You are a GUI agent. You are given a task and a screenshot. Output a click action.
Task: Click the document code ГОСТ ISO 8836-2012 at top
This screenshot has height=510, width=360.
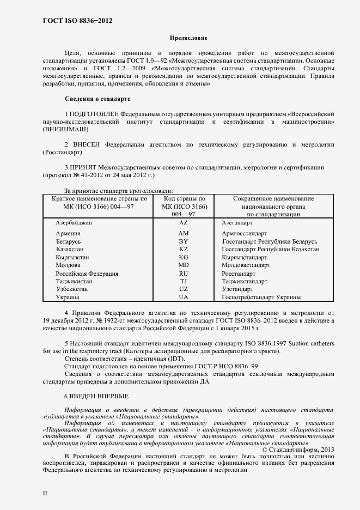coord(77,21)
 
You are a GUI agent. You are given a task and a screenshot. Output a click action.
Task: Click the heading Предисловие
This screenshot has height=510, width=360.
coord(189,39)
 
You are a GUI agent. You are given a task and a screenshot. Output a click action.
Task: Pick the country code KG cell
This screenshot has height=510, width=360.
coord(184,257)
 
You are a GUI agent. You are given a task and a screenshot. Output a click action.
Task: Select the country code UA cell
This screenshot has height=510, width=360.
coord(184,297)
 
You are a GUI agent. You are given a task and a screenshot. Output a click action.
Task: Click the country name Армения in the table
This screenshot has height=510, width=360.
coord(69,233)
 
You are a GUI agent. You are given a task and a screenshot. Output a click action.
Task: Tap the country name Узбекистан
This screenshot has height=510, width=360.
coord(74,289)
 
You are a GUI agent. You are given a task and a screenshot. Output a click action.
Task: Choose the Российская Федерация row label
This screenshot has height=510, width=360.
coord(87,273)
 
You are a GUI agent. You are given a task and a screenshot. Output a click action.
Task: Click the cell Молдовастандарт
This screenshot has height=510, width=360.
coord(246,265)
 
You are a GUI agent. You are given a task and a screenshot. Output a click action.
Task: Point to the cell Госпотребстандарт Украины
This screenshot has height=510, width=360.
coord(261,297)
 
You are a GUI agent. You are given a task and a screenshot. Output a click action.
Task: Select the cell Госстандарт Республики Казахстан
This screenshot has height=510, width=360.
coord(271,249)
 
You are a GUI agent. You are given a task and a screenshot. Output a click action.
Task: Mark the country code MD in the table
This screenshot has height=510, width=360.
coord(184,265)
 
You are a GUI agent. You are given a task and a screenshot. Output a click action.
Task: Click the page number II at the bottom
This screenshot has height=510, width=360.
coord(45,493)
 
